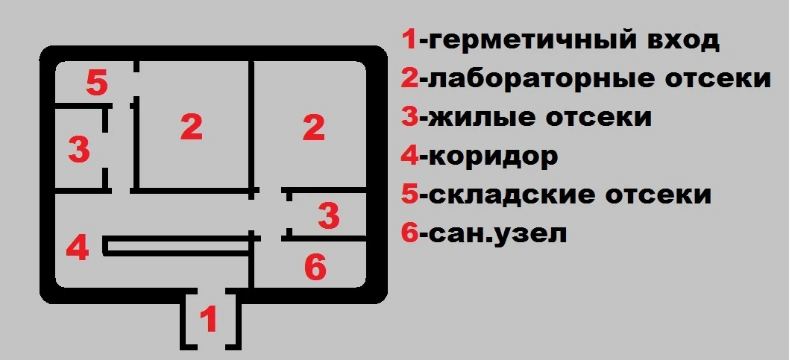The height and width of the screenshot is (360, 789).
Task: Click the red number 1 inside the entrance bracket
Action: [210, 320]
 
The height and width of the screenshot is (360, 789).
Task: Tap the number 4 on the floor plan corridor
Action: [78, 247]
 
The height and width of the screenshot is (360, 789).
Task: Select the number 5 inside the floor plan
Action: [97, 83]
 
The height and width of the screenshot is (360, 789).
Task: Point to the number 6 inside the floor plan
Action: [315, 268]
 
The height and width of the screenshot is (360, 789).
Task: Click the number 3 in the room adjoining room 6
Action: [328, 216]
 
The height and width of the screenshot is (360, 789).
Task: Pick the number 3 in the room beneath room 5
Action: [78, 150]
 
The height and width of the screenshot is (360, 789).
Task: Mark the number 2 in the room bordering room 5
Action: [192, 127]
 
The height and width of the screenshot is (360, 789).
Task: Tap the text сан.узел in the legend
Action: [494, 233]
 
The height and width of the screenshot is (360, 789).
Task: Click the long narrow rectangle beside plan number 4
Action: [179, 247]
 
